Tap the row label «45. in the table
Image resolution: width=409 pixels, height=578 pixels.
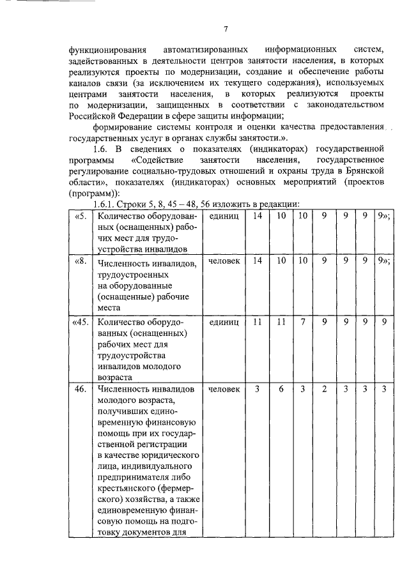(x=82, y=323)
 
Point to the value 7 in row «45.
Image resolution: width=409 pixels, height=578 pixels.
(x=302, y=323)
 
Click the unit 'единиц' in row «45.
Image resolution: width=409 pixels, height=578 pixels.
(x=223, y=323)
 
